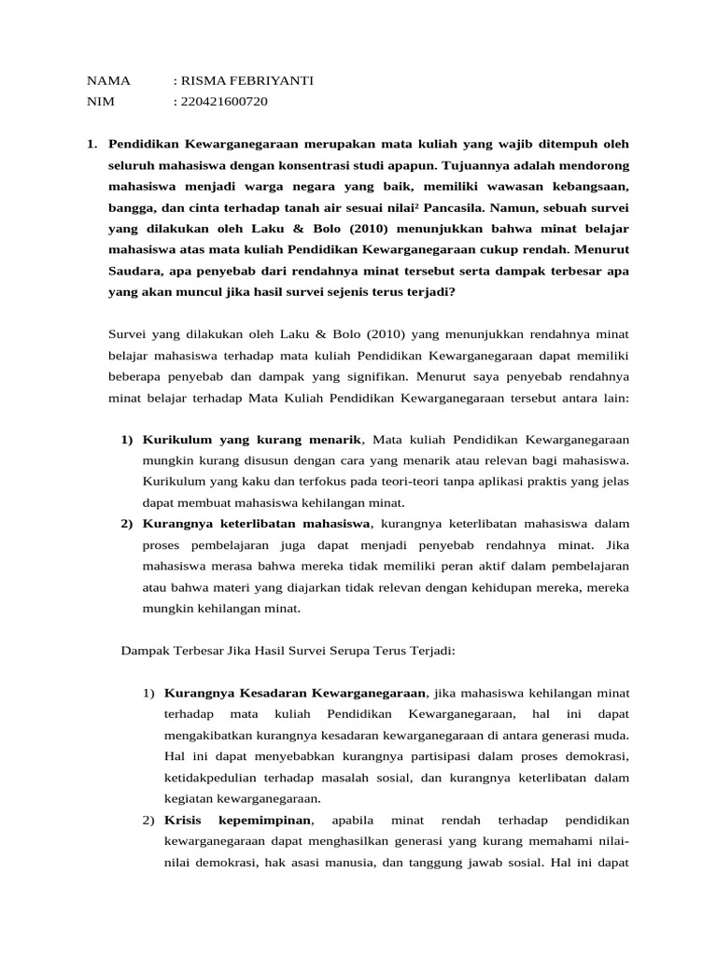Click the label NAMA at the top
(x=108, y=81)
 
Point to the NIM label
(x=99, y=102)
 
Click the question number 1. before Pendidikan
(x=91, y=144)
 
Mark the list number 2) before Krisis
(x=149, y=820)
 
